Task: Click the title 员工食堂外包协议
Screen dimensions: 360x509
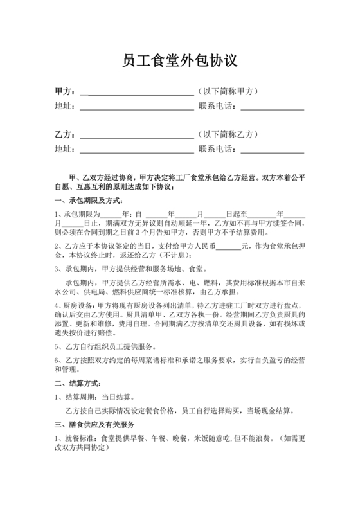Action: pos(180,62)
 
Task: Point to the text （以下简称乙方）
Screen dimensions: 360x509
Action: pos(228,136)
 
